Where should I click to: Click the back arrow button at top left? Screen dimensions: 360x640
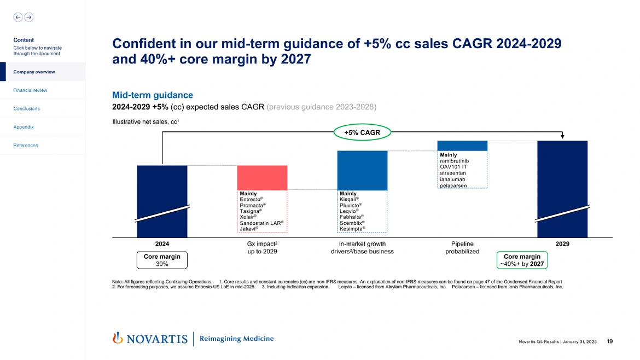click(18, 17)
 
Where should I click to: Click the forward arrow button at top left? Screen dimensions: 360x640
click(29, 17)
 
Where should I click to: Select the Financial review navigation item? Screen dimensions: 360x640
click(31, 90)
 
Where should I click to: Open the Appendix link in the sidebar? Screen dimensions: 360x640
click(24, 127)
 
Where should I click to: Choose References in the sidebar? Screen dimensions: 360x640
click(26, 146)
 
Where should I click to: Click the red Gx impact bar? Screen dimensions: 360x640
click(262, 177)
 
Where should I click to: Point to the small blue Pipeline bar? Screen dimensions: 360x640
click(462, 146)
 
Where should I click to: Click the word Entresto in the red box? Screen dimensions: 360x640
click(250, 200)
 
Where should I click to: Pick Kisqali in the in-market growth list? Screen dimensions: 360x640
click(348, 200)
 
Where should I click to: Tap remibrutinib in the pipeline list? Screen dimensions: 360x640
click(454, 161)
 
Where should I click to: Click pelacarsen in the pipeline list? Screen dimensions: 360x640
click(453, 186)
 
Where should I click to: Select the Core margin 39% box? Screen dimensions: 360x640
click(162, 260)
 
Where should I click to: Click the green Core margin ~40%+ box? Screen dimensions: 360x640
click(522, 260)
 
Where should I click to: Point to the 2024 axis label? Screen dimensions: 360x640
click(162, 244)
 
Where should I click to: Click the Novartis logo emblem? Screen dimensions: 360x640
click(117, 338)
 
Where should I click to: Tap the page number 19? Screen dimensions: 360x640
click(610, 341)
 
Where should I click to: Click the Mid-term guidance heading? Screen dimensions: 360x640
click(153, 95)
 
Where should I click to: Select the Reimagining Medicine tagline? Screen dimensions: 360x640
click(237, 339)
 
